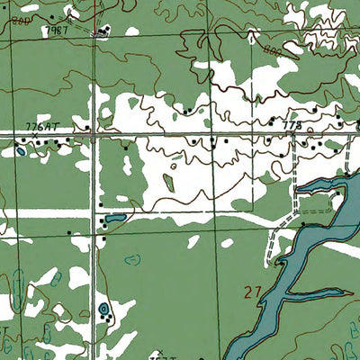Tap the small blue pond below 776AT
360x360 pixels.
click(x=19, y=151)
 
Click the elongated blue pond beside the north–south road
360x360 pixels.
click(x=114, y=219)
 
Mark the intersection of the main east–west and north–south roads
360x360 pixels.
click(x=96, y=134)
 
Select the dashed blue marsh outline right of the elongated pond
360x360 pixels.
click(x=133, y=261)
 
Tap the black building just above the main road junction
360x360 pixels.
click(x=93, y=127)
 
